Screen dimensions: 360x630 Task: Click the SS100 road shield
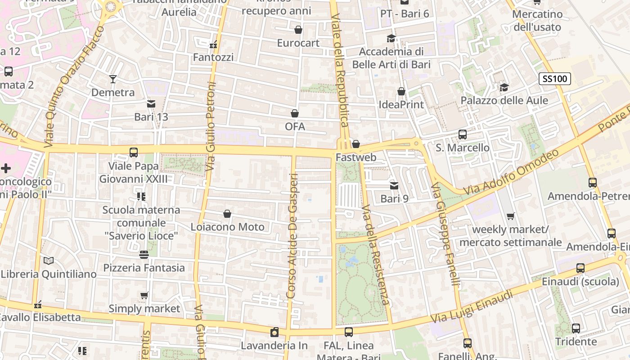pos(555,79)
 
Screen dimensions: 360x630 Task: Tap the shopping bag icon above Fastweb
pos(355,144)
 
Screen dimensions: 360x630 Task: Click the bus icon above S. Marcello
pos(462,134)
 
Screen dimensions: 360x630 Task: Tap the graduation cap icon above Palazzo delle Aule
pos(504,87)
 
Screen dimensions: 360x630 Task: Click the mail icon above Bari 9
pos(394,185)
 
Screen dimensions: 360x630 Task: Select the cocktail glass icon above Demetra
pos(113,79)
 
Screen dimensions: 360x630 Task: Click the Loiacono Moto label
pos(228,227)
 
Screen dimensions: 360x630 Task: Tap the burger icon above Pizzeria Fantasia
pos(144,255)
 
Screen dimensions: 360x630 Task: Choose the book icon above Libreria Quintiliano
pos(49,261)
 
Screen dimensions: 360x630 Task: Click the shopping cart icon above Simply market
pos(144,296)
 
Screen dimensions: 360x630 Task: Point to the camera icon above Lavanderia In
pos(274,333)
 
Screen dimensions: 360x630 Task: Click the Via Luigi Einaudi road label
pos(472,307)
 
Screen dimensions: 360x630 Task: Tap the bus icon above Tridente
pos(576,328)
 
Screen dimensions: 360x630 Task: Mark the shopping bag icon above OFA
pos(295,113)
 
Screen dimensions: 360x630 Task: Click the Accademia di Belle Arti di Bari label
pos(391,58)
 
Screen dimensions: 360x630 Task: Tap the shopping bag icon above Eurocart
pos(298,30)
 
